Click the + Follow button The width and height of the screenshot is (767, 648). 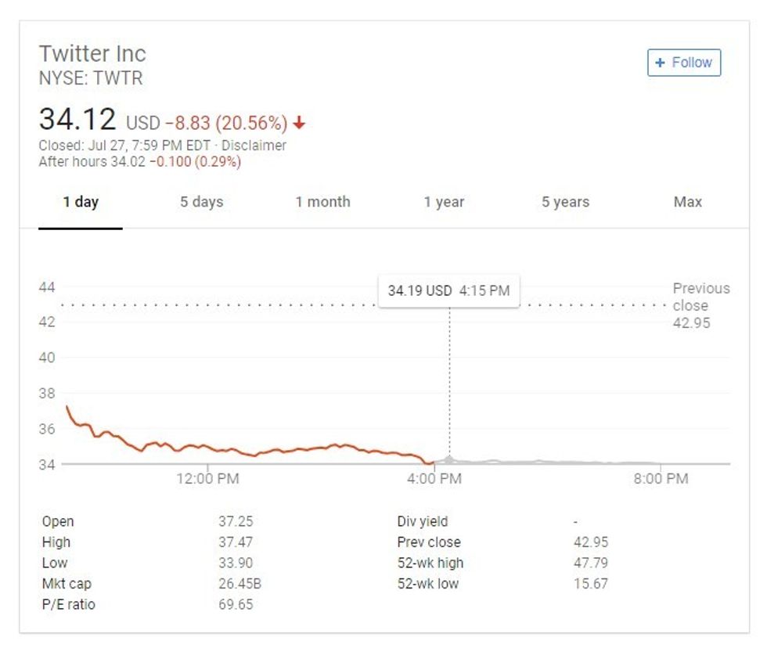[x=683, y=63]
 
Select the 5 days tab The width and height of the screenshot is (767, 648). [x=202, y=202]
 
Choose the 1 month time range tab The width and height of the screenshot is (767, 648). [x=322, y=202]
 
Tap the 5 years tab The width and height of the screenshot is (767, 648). [x=565, y=202]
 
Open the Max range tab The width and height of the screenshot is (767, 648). [x=687, y=202]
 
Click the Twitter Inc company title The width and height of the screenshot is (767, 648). [x=92, y=54]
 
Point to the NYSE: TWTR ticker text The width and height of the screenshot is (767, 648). [x=91, y=78]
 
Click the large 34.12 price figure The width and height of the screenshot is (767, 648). [x=77, y=120]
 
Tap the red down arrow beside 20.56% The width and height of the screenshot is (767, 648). [x=300, y=123]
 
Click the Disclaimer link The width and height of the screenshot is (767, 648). [x=254, y=146]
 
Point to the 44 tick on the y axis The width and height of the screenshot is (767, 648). [x=47, y=287]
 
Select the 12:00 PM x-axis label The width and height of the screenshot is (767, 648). [x=207, y=478]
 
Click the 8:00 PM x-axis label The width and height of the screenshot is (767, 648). [x=661, y=478]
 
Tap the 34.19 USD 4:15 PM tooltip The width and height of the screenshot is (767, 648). [x=448, y=290]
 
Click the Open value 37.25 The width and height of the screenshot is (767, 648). [x=236, y=521]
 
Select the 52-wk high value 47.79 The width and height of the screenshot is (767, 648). [x=590, y=563]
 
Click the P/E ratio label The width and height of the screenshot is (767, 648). [x=69, y=604]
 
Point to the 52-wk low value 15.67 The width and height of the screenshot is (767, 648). [x=590, y=584]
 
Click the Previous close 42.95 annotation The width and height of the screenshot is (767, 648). [x=700, y=305]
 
